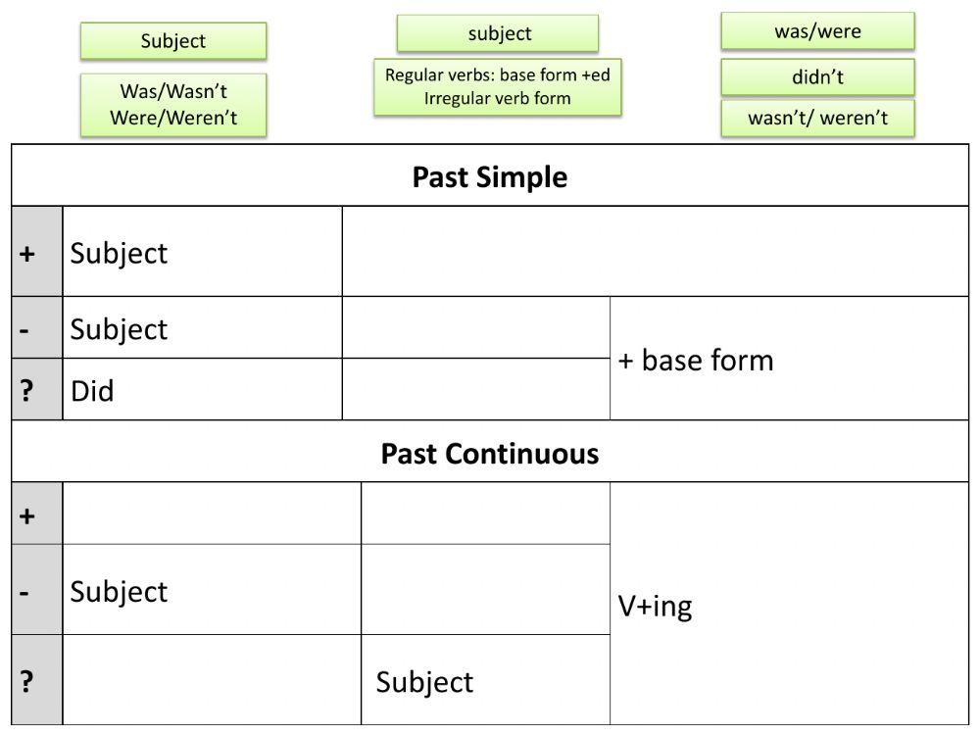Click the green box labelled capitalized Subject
[173, 41]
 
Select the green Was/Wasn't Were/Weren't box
[173, 105]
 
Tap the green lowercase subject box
[498, 33]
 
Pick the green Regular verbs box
[498, 86]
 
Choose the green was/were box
[817, 31]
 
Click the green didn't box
[817, 77]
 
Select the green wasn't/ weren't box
[817, 119]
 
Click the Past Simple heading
[489, 177]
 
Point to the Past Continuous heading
[489, 454]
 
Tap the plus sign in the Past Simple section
[27, 253]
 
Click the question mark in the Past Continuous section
[27, 681]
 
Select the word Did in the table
[92, 391]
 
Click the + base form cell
[695, 361]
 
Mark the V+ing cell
[655, 607]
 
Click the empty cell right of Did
[475, 390]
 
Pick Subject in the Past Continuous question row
[424, 682]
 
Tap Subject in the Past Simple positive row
[119, 253]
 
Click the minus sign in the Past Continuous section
[27, 592]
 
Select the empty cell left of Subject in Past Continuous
[211, 681]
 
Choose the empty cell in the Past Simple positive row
[654, 252]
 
